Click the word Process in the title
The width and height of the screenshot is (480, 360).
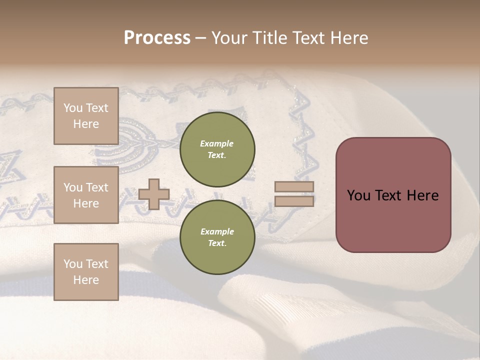click(x=157, y=38)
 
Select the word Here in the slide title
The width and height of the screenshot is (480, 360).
click(x=348, y=38)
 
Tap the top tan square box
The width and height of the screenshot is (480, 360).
click(x=86, y=116)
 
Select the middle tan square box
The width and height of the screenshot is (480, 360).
click(x=86, y=195)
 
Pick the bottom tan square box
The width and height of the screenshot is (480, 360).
click(x=86, y=272)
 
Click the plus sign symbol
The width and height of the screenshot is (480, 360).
click(x=154, y=194)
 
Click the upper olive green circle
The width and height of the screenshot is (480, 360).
click(x=217, y=149)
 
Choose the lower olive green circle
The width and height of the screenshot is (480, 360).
click(x=217, y=237)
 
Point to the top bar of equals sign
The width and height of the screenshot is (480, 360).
click(x=294, y=187)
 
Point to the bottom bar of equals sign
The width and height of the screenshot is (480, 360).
click(x=294, y=201)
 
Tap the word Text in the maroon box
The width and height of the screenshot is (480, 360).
click(x=390, y=195)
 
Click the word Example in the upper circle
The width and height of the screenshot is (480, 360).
click(x=217, y=143)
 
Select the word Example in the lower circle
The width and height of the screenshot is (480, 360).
click(x=217, y=231)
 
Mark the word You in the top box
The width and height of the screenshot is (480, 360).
click(x=73, y=108)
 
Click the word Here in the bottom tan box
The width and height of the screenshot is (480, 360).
click(x=86, y=280)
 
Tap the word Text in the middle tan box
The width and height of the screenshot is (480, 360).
click(x=96, y=187)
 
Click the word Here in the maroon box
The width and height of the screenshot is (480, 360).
click(x=422, y=195)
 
